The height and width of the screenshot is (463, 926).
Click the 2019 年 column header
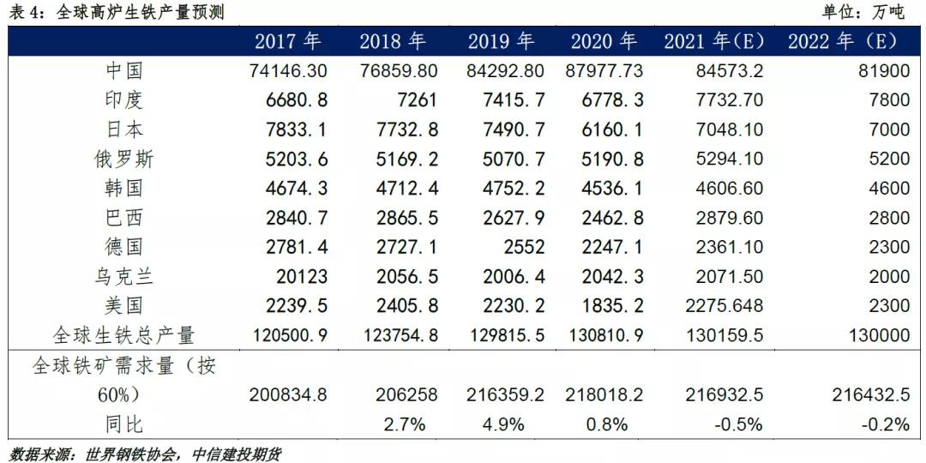pos(501,41)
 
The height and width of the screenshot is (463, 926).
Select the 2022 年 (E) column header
pos(842,41)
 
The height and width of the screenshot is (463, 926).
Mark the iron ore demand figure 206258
pos(406,395)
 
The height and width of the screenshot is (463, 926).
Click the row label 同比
pos(123,424)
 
